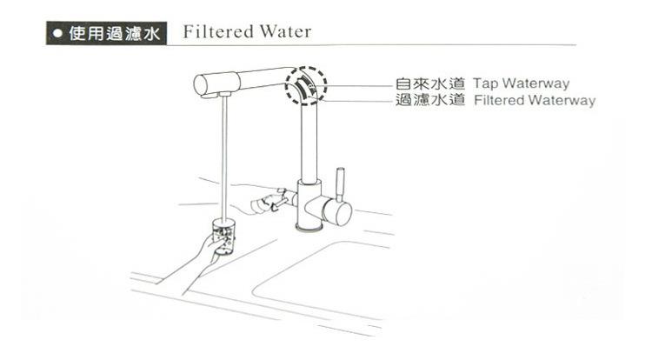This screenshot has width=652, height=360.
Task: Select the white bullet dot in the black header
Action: point(58,35)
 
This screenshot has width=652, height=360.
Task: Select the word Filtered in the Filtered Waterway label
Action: point(502,101)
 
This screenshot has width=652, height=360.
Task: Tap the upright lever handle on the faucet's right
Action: point(341,185)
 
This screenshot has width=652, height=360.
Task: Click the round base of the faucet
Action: point(308,229)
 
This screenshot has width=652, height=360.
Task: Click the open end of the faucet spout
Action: point(201,84)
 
